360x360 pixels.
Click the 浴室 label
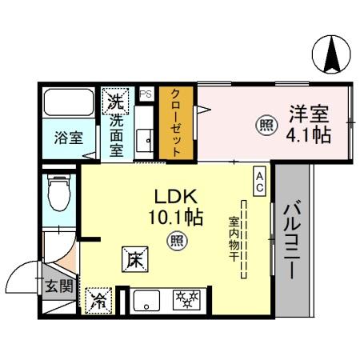pos(68,138)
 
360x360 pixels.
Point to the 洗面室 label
pos(116,135)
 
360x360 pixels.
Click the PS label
pos(145,94)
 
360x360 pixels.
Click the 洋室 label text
pos(309,114)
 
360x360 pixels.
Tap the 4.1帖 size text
pos(308,135)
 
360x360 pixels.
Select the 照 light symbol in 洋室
pos(263,125)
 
